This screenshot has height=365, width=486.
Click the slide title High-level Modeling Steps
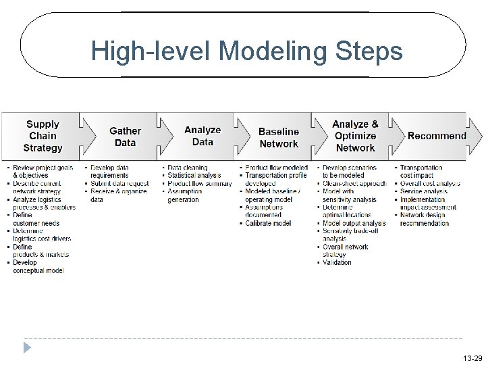[x=246, y=51]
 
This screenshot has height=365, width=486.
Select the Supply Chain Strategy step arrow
[x=43, y=136]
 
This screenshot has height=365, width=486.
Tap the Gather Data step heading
[x=125, y=137]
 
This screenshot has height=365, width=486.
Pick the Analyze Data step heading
[x=202, y=136]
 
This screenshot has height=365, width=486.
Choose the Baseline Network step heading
[x=278, y=137]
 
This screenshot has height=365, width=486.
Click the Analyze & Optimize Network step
[x=355, y=136]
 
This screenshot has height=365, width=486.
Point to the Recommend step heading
[x=437, y=136]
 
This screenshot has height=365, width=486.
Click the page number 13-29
[x=473, y=358]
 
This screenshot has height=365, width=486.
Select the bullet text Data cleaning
[x=188, y=168]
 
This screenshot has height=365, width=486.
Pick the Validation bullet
[x=337, y=263]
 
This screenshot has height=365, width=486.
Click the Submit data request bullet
[x=119, y=184]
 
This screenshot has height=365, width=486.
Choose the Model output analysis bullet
[x=354, y=224]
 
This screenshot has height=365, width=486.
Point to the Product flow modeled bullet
[x=276, y=168]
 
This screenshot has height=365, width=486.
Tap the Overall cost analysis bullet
[x=430, y=184]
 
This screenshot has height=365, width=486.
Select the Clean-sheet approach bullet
[x=354, y=184]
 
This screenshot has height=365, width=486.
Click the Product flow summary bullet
[x=199, y=184]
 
